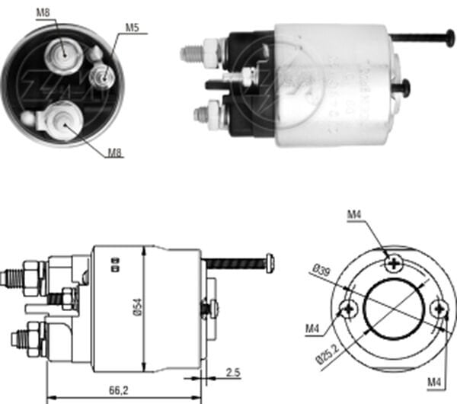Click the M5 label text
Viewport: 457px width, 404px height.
point(133,28)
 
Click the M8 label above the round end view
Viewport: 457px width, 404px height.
point(44,12)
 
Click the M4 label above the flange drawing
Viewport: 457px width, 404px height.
point(353,216)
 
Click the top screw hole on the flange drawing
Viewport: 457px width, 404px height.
point(394,264)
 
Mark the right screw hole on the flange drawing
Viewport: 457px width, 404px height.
point(438,308)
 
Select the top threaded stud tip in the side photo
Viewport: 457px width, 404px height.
point(186,54)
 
